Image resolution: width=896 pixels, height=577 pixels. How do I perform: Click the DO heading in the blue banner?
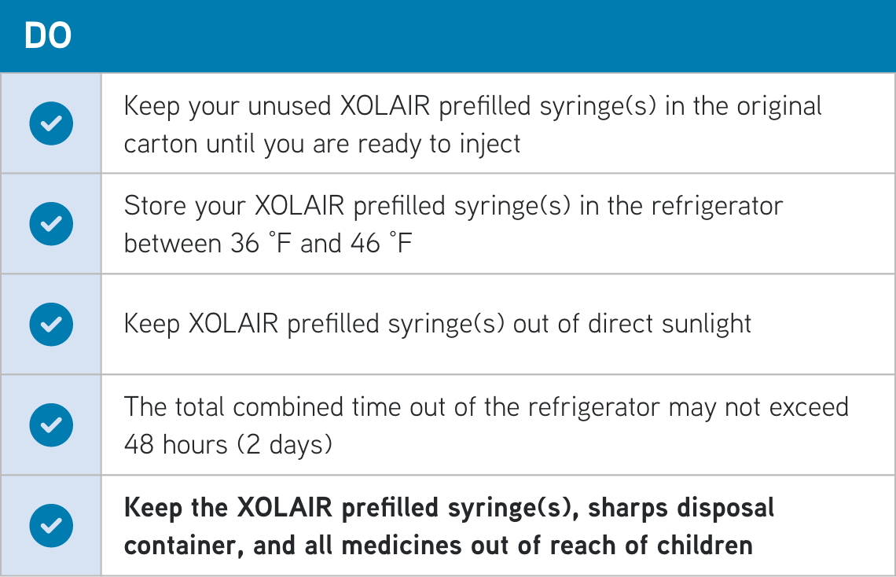click(48, 36)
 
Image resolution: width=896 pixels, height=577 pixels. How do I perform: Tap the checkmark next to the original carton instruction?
click(51, 124)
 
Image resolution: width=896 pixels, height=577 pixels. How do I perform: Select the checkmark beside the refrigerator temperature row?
click(51, 224)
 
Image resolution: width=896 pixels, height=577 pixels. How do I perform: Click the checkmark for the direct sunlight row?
click(51, 324)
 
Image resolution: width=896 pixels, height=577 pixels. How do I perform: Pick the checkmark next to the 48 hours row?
click(51, 424)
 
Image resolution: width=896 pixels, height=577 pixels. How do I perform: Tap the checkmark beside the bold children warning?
click(51, 525)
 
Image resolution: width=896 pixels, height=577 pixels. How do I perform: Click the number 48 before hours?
click(139, 445)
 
